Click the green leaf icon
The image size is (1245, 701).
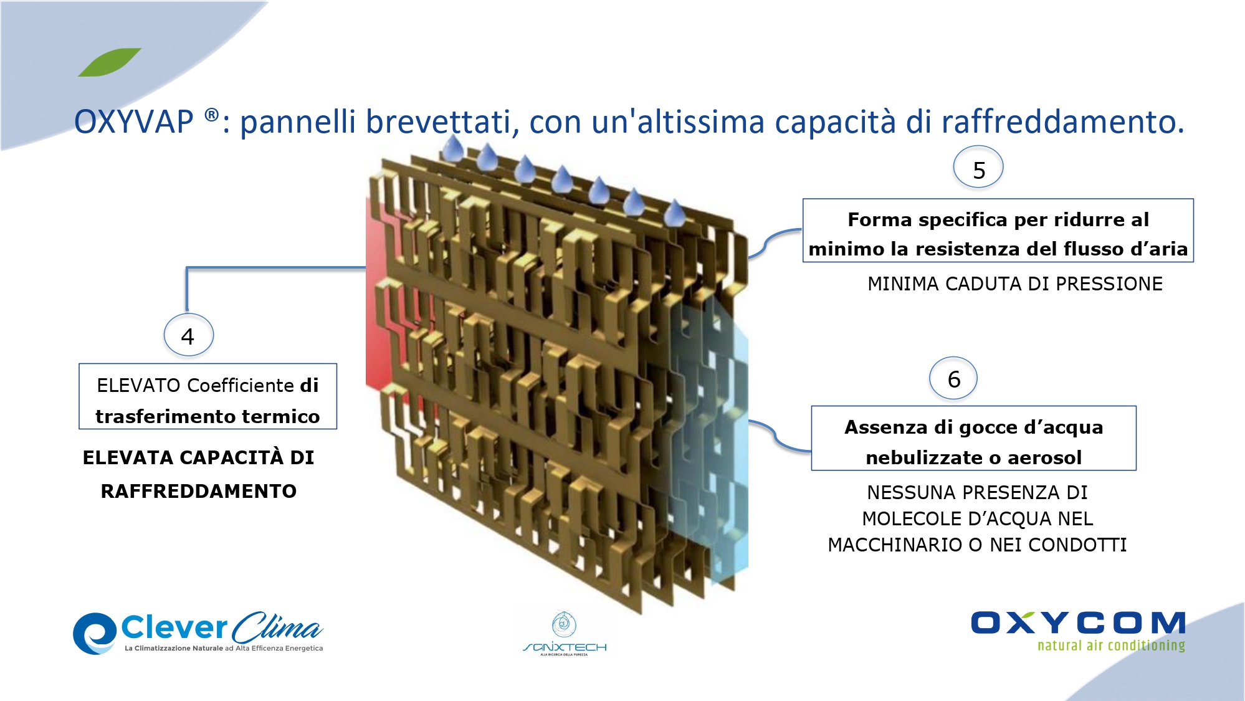[x=110, y=62]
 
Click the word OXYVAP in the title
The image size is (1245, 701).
[x=133, y=122]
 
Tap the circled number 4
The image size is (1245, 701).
[x=188, y=335]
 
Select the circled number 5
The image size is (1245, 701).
[x=978, y=168]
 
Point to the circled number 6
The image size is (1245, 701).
[x=953, y=378]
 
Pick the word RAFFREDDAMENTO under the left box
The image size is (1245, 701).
[x=198, y=492]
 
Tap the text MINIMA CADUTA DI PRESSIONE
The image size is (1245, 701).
[x=1014, y=284]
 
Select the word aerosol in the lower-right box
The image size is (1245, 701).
[x=1044, y=458]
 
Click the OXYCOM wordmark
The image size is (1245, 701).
[x=1078, y=623]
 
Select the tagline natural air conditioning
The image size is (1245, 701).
[x=1111, y=646]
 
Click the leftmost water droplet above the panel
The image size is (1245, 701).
[x=453, y=148]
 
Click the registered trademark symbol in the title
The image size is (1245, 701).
[x=212, y=115]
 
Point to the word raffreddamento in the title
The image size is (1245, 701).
[x=1062, y=122]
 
